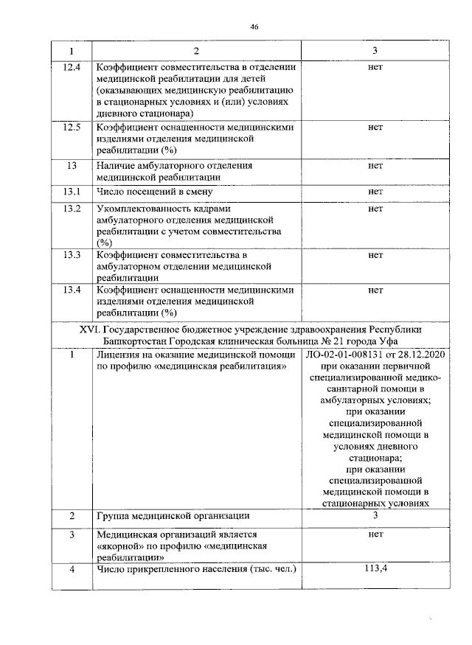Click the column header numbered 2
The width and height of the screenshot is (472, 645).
click(x=195, y=52)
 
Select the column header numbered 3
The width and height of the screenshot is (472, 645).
click(x=375, y=52)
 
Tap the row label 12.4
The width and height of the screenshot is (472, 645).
click(x=72, y=68)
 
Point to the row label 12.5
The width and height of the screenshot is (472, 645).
click(x=72, y=127)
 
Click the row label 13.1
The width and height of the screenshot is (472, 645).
click(x=72, y=192)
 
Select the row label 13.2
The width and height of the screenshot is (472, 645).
click(x=72, y=209)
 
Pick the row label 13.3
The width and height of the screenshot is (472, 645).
click(x=72, y=255)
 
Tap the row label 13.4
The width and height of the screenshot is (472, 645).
click(x=72, y=290)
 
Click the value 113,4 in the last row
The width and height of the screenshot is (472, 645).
click(x=375, y=568)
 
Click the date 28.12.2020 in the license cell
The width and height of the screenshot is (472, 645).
click(x=419, y=355)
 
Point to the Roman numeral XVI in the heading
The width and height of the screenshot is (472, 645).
click(x=89, y=330)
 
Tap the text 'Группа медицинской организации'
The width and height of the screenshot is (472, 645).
click(x=173, y=515)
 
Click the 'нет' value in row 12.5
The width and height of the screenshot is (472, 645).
click(x=375, y=127)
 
